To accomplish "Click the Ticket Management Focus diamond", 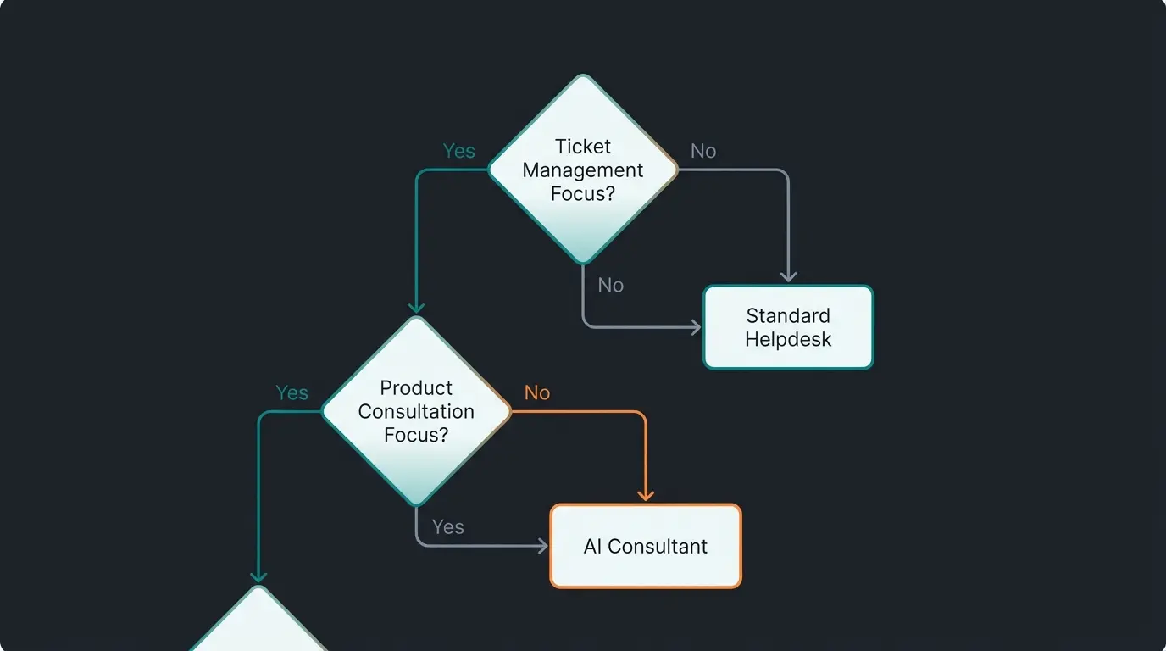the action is coord(583,170).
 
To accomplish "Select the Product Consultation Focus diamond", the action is coord(416,411).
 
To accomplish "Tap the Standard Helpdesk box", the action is coord(788,327).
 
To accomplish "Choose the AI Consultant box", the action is coord(646,546).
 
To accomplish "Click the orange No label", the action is coord(536,392).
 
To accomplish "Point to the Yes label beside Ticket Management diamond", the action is coord(458,151).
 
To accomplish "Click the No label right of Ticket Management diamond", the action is coord(703,151).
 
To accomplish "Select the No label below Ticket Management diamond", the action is coord(611,285).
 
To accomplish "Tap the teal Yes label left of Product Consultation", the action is coord(291,392).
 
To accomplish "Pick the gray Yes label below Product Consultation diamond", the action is coord(447,527).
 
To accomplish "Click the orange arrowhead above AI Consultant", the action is coord(646,495).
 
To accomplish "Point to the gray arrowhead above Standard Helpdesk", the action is coord(789,276).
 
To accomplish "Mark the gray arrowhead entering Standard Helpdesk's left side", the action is coord(696,327).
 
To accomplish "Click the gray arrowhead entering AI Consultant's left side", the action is coord(542,546).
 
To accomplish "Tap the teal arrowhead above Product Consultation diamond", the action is coord(416,307).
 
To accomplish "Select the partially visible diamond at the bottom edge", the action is coord(258,618).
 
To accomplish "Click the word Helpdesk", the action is coord(788,340).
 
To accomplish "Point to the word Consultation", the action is coord(416,411).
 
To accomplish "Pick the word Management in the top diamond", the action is coord(583,170).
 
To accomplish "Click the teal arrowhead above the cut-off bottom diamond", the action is coord(258,576).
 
